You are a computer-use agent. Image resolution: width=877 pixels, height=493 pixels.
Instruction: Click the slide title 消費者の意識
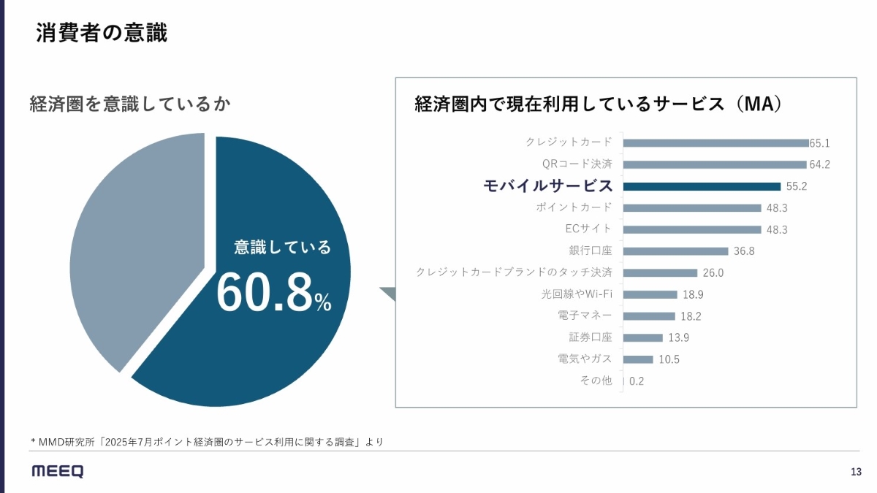(102, 34)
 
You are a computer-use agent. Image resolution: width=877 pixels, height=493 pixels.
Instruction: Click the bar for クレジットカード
(715, 143)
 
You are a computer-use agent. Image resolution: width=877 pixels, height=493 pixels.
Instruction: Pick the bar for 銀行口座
(676, 251)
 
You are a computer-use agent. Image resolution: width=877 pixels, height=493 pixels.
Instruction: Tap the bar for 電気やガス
(638, 359)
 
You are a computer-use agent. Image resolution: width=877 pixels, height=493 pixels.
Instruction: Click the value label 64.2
(819, 164)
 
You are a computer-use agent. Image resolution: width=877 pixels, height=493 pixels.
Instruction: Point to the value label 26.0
(713, 273)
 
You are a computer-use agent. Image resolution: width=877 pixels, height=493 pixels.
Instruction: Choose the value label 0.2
(637, 381)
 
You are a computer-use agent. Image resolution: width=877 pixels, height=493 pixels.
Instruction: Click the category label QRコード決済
(577, 164)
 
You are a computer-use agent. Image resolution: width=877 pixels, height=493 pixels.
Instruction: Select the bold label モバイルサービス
(548, 186)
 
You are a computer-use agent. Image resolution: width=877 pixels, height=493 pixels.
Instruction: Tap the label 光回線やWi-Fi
(577, 294)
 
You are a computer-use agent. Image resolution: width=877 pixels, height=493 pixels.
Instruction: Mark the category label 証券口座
(591, 337)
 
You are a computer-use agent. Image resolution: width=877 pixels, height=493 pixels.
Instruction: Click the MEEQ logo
(58, 471)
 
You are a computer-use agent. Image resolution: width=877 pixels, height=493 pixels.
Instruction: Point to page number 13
(856, 471)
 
